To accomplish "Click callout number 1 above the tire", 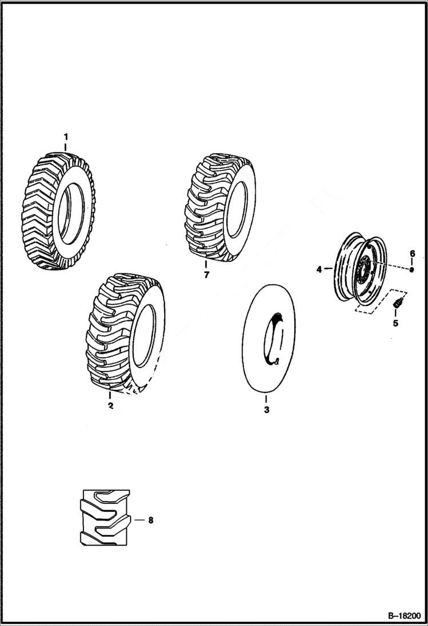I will [x=66, y=137].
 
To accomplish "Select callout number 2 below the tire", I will [x=110, y=406].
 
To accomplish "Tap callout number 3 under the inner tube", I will [x=266, y=410].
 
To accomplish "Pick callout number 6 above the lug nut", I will [x=411, y=253].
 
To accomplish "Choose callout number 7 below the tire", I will [x=206, y=276].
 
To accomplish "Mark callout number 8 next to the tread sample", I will [x=151, y=520].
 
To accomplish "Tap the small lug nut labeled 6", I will [x=411, y=269].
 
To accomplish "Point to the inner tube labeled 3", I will [x=269, y=340].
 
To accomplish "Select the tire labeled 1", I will [x=57, y=211].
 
